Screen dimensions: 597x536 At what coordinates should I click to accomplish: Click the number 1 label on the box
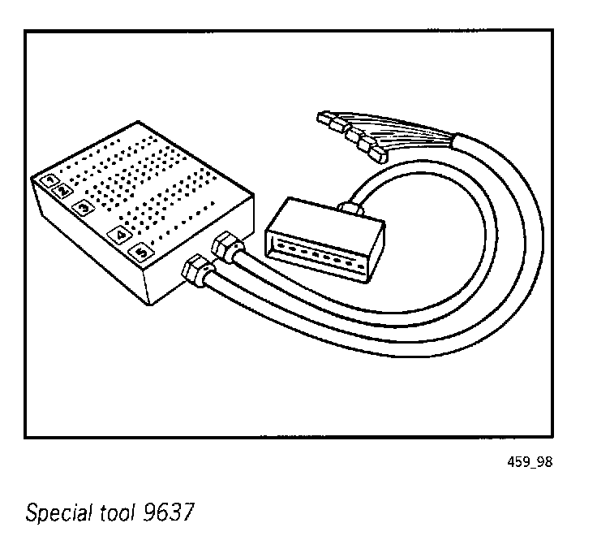(x=50, y=179)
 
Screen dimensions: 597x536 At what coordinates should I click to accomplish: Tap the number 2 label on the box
(x=62, y=190)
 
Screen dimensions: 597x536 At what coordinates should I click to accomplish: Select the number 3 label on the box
(x=83, y=207)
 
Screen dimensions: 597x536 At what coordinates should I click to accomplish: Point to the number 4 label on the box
(x=120, y=236)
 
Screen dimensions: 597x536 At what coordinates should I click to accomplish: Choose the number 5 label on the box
(x=141, y=253)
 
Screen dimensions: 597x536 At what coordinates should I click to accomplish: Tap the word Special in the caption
(x=54, y=513)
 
